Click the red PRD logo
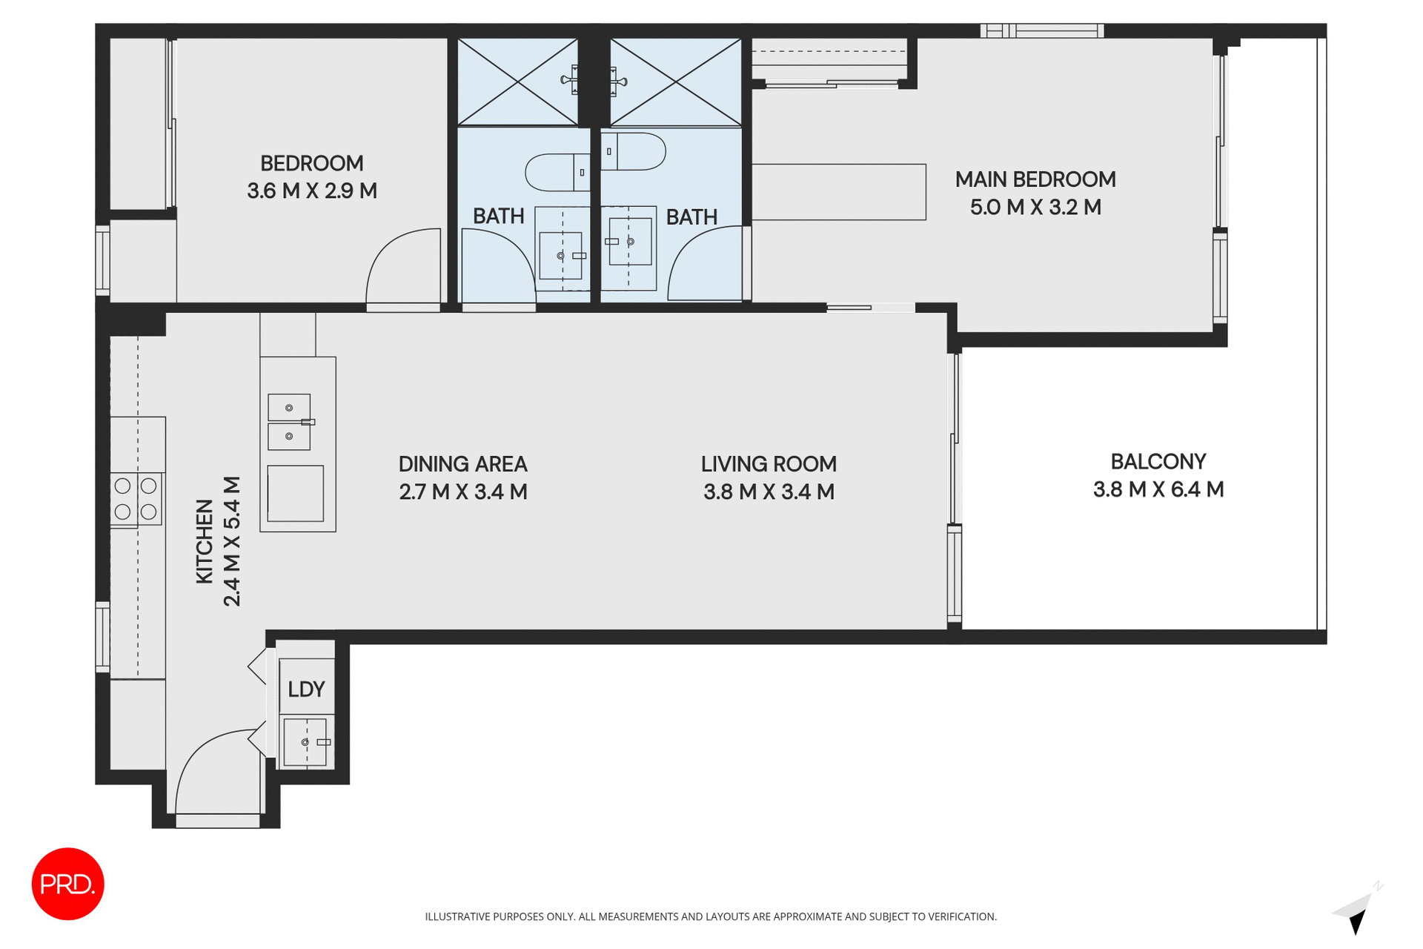pyautogui.click(x=67, y=884)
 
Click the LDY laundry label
pyautogui.click(x=306, y=690)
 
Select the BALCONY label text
pyautogui.click(x=1158, y=462)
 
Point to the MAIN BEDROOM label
pyautogui.click(x=1035, y=179)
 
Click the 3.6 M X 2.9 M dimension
pyautogui.click(x=312, y=191)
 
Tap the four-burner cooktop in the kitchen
pyautogui.click(x=136, y=498)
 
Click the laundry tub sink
pyautogui.click(x=305, y=742)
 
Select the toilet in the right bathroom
pyautogui.click(x=634, y=151)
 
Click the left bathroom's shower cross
pyautogui.click(x=517, y=82)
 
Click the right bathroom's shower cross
pyautogui.click(x=675, y=82)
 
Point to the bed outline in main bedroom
pyautogui.click(x=839, y=192)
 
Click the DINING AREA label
pyautogui.click(x=462, y=464)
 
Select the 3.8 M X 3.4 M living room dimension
pyautogui.click(x=769, y=492)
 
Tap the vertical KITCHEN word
pyautogui.click(x=205, y=541)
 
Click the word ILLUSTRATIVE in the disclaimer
pyautogui.click(x=457, y=917)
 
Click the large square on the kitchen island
pyautogui.click(x=295, y=493)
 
